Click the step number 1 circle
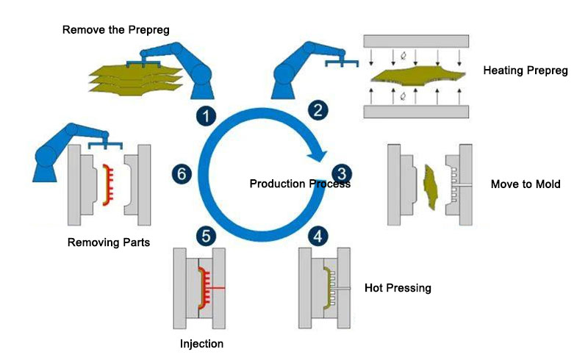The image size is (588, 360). [x=208, y=115]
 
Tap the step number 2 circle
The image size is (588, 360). [x=318, y=111]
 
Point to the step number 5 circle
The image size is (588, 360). [x=207, y=236]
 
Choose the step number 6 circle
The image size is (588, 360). [x=183, y=173]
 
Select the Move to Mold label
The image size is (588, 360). [x=526, y=184]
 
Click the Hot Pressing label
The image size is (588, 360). [x=398, y=287]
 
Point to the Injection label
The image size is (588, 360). [x=201, y=343]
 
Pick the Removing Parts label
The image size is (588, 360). [x=109, y=242]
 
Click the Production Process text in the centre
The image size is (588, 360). [x=300, y=184]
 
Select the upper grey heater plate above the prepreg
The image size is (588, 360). [x=416, y=41]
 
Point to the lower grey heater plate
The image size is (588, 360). [x=416, y=111]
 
